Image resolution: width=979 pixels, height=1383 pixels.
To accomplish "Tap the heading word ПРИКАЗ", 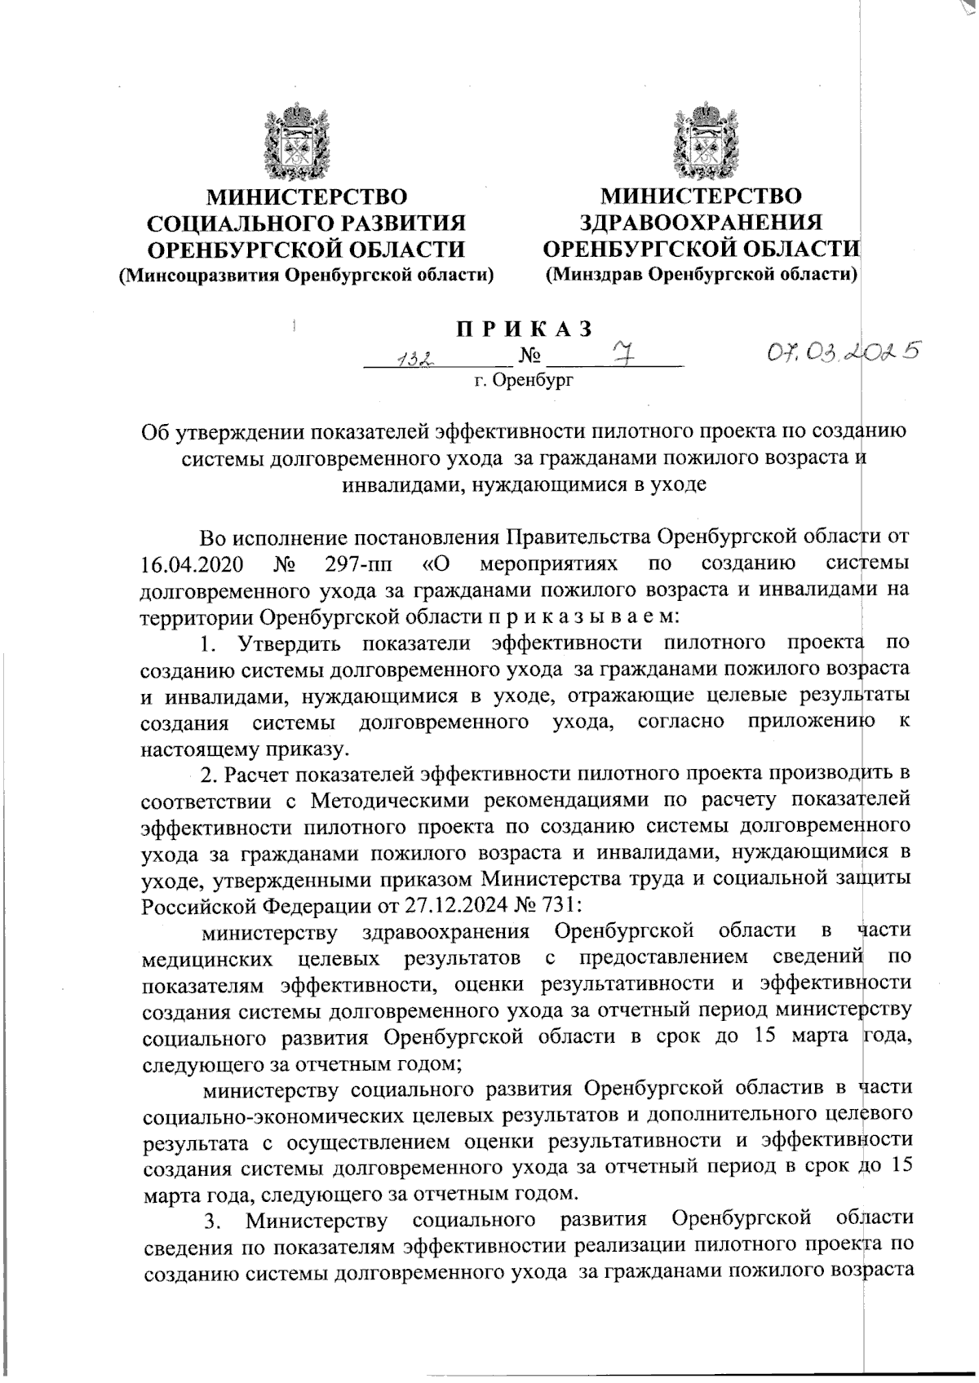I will pyautogui.click(x=523, y=330).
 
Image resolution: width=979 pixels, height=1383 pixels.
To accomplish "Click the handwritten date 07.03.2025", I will pyautogui.click(x=839, y=351).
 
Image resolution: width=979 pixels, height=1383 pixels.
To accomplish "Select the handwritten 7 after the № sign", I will pyautogui.click(x=621, y=356).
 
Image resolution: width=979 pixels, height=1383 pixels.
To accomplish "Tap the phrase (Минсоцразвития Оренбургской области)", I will pyautogui.click(x=308, y=276).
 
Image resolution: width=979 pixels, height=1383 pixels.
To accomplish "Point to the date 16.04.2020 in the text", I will pyautogui.click(x=187, y=564).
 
